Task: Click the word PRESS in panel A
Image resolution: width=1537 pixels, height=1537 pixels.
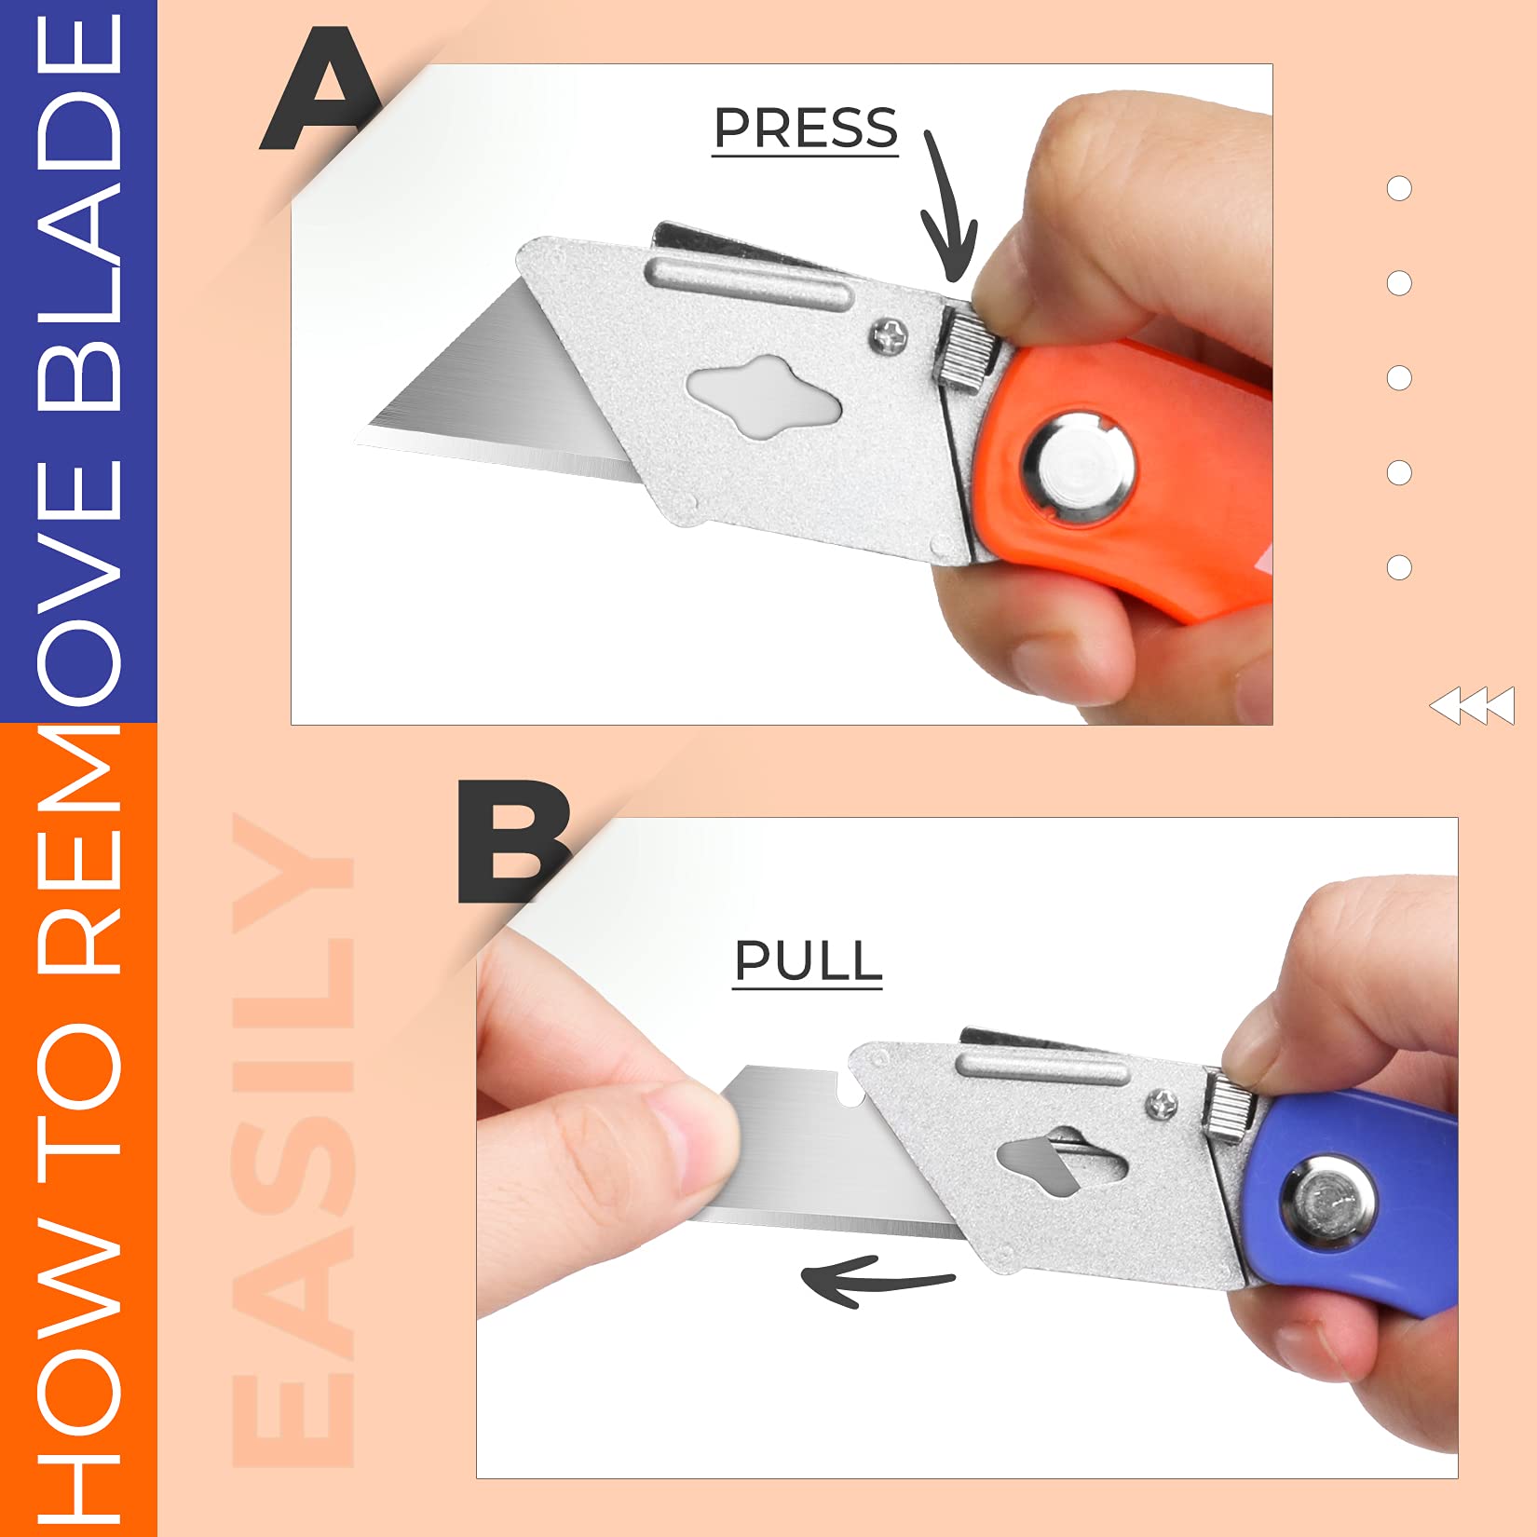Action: pos(806,129)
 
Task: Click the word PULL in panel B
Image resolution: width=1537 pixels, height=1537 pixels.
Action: pos(808,960)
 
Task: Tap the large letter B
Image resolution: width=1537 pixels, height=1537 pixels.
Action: pos(512,842)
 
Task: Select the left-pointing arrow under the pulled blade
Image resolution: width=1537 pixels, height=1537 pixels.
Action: pos(876,1282)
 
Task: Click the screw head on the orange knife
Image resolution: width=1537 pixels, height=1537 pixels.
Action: pos(891,335)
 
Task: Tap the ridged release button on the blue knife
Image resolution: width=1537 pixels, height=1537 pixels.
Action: pos(1230,1105)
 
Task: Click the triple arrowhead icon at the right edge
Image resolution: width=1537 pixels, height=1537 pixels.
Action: pos(1472,706)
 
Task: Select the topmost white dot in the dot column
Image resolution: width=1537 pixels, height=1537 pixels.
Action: pos(1399,188)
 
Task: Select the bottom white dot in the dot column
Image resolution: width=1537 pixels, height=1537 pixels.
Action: pos(1399,567)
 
